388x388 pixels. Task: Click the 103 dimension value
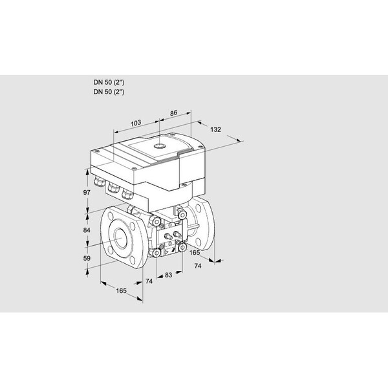[x=136, y=123]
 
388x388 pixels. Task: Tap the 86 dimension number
[x=173, y=113]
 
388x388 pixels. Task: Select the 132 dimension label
[x=215, y=129]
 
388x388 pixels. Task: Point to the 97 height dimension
[x=87, y=192]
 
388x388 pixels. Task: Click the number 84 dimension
[x=87, y=230]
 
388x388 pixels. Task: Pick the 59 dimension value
[x=87, y=258]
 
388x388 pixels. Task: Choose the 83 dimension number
[x=169, y=275]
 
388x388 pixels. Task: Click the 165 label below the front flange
[x=122, y=291]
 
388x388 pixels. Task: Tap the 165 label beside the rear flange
[x=195, y=253]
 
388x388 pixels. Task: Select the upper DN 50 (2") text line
[x=109, y=82]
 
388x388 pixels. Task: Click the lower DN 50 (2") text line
[x=109, y=92]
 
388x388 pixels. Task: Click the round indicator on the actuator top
[x=159, y=146]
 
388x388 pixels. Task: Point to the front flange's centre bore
[x=122, y=238]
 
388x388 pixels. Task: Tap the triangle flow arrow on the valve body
[x=167, y=252]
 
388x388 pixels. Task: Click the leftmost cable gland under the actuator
[x=99, y=181]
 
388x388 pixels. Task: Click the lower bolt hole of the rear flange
[x=198, y=241]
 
